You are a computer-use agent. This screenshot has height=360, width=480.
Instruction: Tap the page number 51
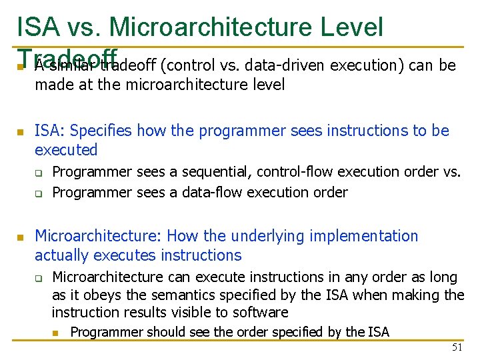coord(457,347)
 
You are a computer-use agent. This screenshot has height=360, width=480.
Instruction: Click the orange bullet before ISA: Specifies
coord(20,132)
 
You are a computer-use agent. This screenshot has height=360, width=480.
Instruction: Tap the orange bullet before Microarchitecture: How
coord(20,237)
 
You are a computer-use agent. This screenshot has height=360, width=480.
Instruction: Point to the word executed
coord(66,150)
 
